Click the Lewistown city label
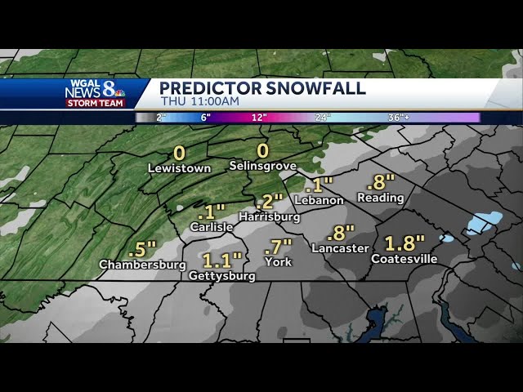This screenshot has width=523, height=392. coord(179,168)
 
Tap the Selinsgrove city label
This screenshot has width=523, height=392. coord(263,167)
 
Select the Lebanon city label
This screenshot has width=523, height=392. coord(319,200)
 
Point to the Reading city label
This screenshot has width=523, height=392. coord(380,198)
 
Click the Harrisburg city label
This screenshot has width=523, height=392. coord(270,216)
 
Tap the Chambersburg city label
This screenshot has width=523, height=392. coord(142,265)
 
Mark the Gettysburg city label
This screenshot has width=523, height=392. coord(221,276)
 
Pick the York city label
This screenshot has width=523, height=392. coord(278,262)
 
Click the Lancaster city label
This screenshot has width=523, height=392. coord(340,248)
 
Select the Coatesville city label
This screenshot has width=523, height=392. coord(404,259)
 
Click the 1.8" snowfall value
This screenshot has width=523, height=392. coord(404,243)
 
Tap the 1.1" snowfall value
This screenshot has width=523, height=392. coord(221,261)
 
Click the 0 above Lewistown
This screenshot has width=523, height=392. coord(179,153)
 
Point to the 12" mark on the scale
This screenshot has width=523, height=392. coord(258,118)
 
